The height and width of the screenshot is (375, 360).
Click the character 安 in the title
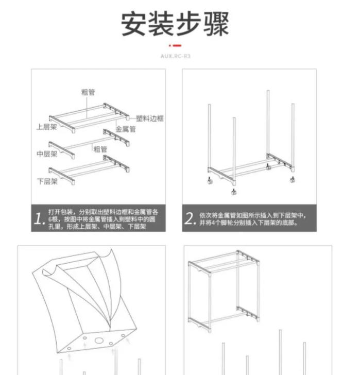(x=135, y=23)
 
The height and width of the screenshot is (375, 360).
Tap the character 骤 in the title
(x=215, y=23)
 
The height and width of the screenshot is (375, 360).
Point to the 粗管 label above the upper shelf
(x=88, y=92)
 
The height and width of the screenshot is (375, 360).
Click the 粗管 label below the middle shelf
(x=100, y=149)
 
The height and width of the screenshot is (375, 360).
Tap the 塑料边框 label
(x=150, y=118)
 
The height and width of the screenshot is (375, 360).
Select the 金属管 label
(x=125, y=130)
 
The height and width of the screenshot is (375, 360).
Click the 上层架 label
(x=46, y=127)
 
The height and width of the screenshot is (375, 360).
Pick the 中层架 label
(x=46, y=154)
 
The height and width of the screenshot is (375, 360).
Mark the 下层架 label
(x=46, y=181)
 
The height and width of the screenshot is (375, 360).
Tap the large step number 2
(x=189, y=219)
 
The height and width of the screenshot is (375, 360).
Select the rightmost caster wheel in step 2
(x=294, y=180)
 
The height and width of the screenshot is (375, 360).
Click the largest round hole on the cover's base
(x=96, y=340)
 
